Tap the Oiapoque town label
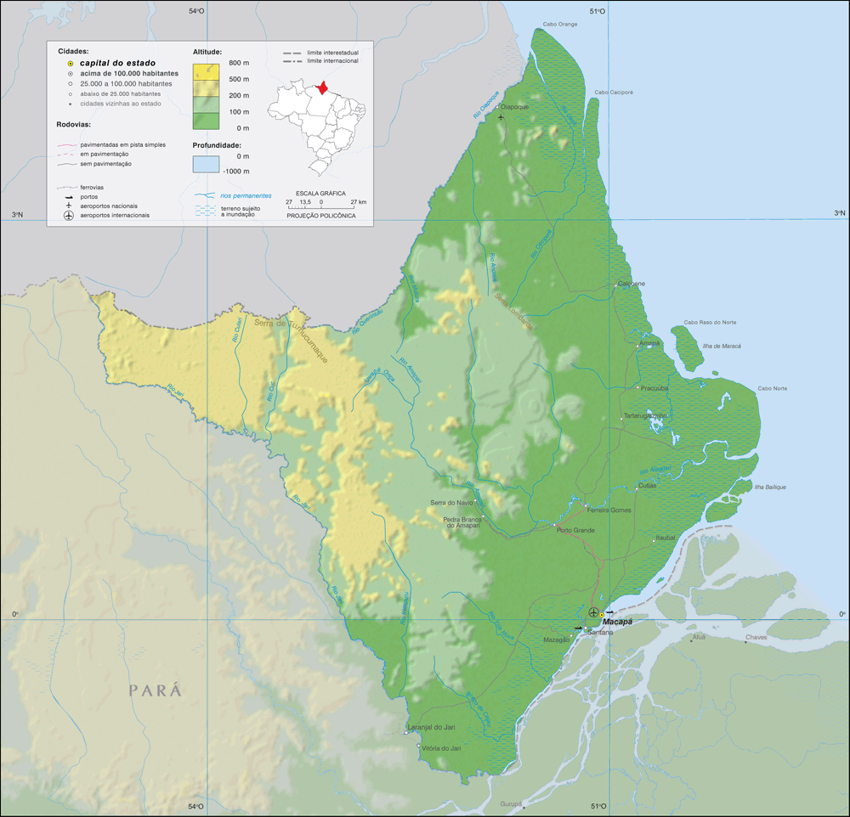tap(515, 107)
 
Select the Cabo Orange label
tap(562, 25)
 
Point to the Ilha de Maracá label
tap(720, 346)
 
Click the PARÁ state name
tap(156, 690)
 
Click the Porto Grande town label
tap(575, 530)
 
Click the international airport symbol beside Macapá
tap(593, 612)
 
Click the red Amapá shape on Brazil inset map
tap(322, 87)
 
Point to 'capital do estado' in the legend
tap(117, 63)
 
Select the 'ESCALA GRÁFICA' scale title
tap(320, 193)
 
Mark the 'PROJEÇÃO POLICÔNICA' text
tap(320, 216)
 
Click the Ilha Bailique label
tap(770, 487)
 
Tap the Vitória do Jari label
tap(442, 748)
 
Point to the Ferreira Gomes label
tap(609, 510)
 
